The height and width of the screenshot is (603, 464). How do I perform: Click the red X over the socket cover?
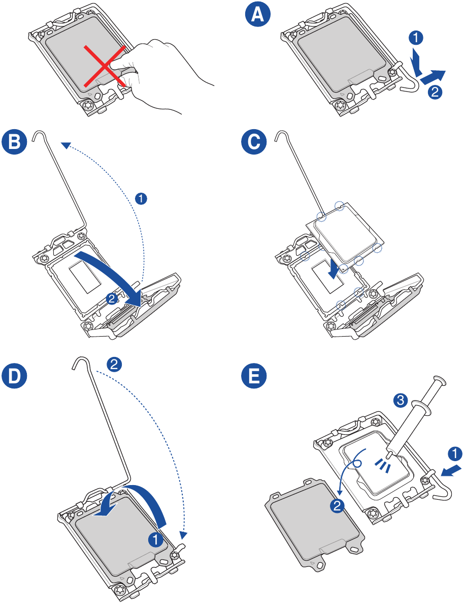pyautogui.click(x=106, y=65)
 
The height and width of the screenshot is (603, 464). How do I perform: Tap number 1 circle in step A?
pyautogui.click(x=416, y=37)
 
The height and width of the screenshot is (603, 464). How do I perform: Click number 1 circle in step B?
pyautogui.click(x=142, y=198)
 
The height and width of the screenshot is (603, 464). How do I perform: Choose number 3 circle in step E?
pyautogui.click(x=401, y=401)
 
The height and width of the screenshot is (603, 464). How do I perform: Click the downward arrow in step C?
pyautogui.click(x=333, y=269)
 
